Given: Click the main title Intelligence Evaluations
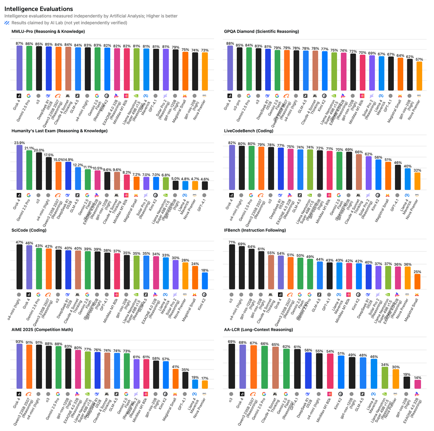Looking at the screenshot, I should [x=39, y=9].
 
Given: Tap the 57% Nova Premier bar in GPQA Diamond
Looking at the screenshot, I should [x=419, y=76].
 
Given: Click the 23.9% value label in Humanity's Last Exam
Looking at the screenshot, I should [x=20, y=143].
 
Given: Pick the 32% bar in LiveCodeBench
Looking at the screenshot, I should [x=417, y=181].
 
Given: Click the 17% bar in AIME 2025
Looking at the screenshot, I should [x=205, y=384].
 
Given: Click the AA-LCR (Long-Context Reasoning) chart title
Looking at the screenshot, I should [x=259, y=330].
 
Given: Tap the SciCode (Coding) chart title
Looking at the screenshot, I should [x=29, y=230].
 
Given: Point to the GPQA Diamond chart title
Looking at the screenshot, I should [x=261, y=31].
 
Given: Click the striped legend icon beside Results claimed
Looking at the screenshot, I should [x=7, y=23].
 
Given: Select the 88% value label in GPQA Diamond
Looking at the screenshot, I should [x=230, y=43].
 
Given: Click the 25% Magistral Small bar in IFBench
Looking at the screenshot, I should [x=417, y=282].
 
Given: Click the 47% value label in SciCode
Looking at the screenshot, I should [x=20, y=242].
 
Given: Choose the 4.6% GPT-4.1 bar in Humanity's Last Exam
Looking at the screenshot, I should [x=205, y=185].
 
